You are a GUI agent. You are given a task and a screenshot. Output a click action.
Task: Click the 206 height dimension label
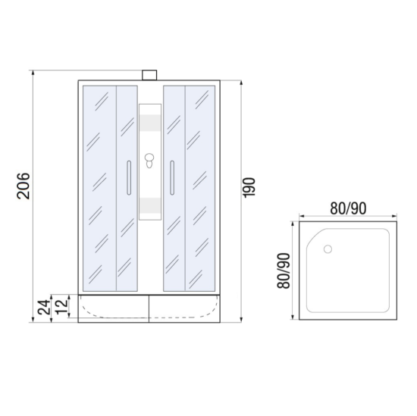(x=24, y=186)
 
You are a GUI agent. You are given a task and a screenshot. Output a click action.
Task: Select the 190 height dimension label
(x=249, y=188)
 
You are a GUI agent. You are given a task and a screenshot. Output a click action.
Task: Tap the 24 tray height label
(x=44, y=308)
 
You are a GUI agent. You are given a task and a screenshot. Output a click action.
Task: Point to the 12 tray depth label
(x=61, y=306)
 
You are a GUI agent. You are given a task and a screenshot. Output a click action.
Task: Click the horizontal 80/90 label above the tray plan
(x=348, y=208)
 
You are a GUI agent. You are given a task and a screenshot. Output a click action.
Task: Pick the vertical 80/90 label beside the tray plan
(x=284, y=271)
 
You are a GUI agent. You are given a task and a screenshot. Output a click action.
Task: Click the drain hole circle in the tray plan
(x=328, y=249)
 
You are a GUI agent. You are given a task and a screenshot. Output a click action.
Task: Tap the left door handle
(x=129, y=177)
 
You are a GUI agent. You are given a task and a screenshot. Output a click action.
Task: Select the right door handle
(x=172, y=177)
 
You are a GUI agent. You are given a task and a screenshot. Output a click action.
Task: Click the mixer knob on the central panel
(x=149, y=161)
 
